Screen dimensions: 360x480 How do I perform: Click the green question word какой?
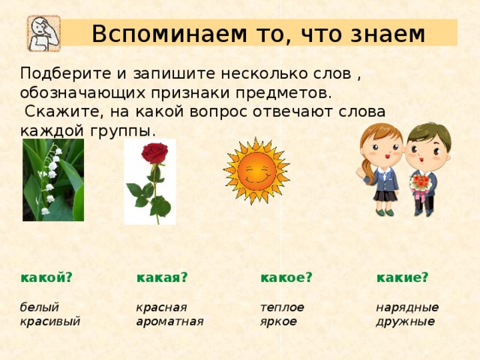(x=46, y=277)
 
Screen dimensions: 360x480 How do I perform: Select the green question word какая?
(x=161, y=277)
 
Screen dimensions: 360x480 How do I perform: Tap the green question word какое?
(x=286, y=277)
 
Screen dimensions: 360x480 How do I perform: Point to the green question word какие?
(x=402, y=277)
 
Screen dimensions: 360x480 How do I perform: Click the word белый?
(x=40, y=307)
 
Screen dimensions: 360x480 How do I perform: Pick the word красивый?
(x=50, y=322)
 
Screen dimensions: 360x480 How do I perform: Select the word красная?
(x=161, y=307)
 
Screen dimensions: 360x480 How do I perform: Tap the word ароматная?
(x=170, y=322)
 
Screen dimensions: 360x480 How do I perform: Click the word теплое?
(x=282, y=307)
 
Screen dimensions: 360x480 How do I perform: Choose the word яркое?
(x=278, y=322)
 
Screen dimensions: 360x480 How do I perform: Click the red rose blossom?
(x=154, y=154)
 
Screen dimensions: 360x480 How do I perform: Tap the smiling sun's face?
(x=256, y=172)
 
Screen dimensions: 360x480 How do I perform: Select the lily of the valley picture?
(x=52, y=180)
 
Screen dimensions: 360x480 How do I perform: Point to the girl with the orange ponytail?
(x=381, y=166)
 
